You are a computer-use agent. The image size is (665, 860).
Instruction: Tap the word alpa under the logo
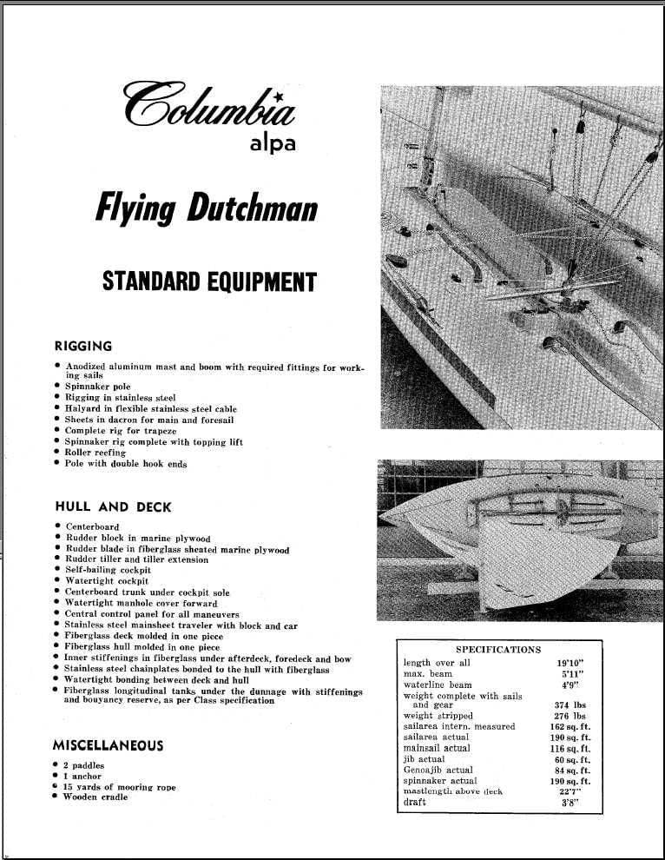(x=272, y=143)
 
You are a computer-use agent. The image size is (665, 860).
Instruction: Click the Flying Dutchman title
(x=206, y=209)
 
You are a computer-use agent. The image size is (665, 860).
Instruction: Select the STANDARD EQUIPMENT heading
(x=209, y=281)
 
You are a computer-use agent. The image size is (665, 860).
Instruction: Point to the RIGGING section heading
(x=83, y=347)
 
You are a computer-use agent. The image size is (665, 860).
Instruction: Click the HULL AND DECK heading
(x=113, y=506)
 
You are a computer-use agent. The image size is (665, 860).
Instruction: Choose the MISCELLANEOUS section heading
(x=108, y=745)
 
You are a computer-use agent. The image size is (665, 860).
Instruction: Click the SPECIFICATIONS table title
(x=498, y=649)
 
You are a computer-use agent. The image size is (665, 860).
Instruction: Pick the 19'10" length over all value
(x=570, y=663)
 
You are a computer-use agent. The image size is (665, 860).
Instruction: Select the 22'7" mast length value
(x=570, y=791)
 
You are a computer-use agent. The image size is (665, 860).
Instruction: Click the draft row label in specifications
(x=416, y=802)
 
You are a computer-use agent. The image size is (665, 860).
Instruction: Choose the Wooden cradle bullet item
(x=95, y=797)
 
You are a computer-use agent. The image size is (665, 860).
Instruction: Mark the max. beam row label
(x=428, y=674)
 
